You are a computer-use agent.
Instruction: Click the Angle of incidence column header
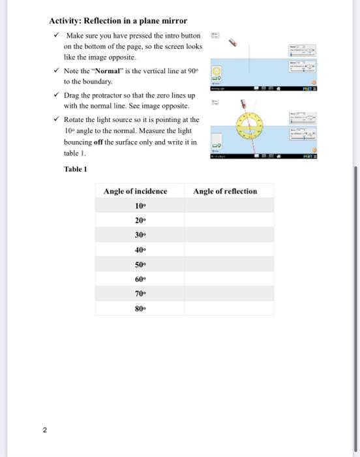(135, 191)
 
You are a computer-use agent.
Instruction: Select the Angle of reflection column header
(225, 191)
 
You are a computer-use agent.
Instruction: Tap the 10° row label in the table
(140, 206)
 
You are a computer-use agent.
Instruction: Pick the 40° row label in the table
(140, 249)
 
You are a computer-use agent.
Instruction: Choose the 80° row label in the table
(140, 307)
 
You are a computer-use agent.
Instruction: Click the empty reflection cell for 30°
(225, 234)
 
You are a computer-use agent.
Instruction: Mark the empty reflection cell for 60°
(225, 278)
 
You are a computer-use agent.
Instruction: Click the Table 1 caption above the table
(76, 170)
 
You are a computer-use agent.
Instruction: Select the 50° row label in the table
(140, 264)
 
